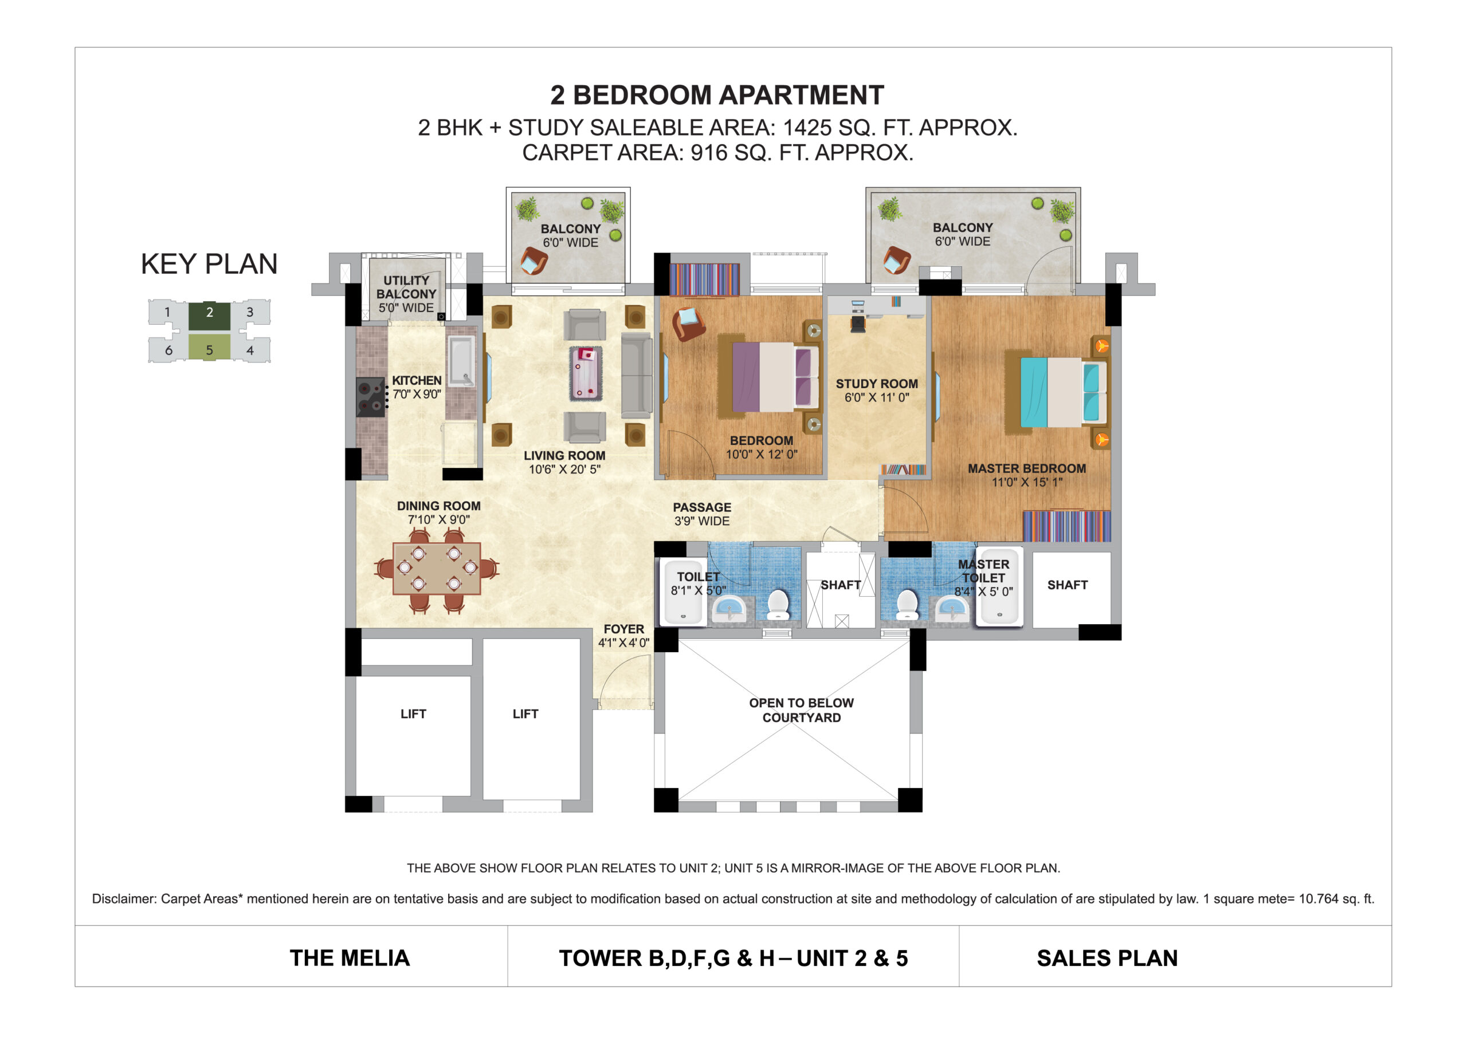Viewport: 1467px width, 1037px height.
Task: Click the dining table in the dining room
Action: tap(437, 568)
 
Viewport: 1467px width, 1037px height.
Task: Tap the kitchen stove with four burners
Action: tap(371, 397)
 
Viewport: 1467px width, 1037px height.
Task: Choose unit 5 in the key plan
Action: tap(209, 349)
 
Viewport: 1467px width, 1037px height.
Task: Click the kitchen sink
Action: tap(460, 361)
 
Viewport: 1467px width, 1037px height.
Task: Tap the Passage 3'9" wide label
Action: tap(701, 514)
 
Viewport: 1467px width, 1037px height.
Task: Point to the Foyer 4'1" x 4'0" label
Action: tap(623, 636)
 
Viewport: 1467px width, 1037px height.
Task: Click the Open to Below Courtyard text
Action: tap(801, 710)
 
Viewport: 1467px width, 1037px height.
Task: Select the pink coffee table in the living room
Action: tap(586, 373)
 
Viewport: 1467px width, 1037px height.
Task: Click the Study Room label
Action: tap(877, 390)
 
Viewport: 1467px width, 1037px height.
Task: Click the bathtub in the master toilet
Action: tap(999, 586)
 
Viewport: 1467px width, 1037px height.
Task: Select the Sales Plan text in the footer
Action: tap(1107, 958)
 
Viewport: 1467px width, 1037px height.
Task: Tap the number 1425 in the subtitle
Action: tap(807, 128)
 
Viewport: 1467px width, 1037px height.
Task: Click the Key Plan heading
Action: tap(209, 264)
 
